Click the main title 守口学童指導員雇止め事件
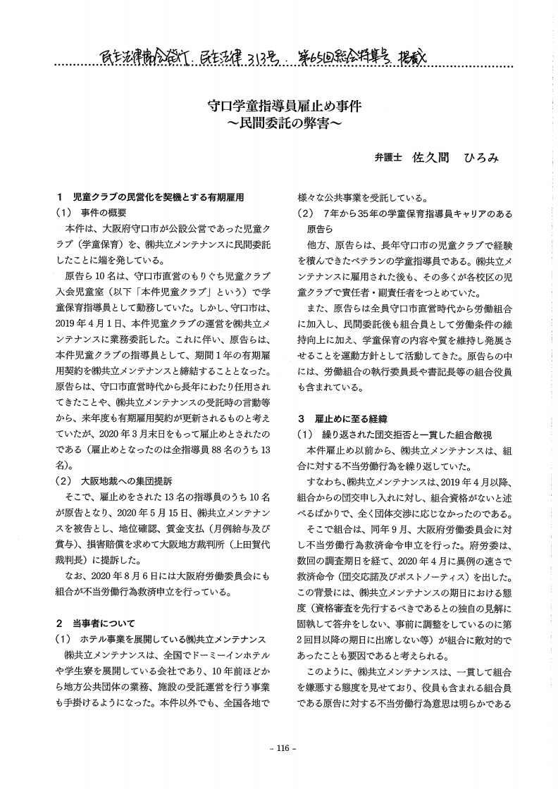(278, 108)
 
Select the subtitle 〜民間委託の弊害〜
(278, 125)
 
